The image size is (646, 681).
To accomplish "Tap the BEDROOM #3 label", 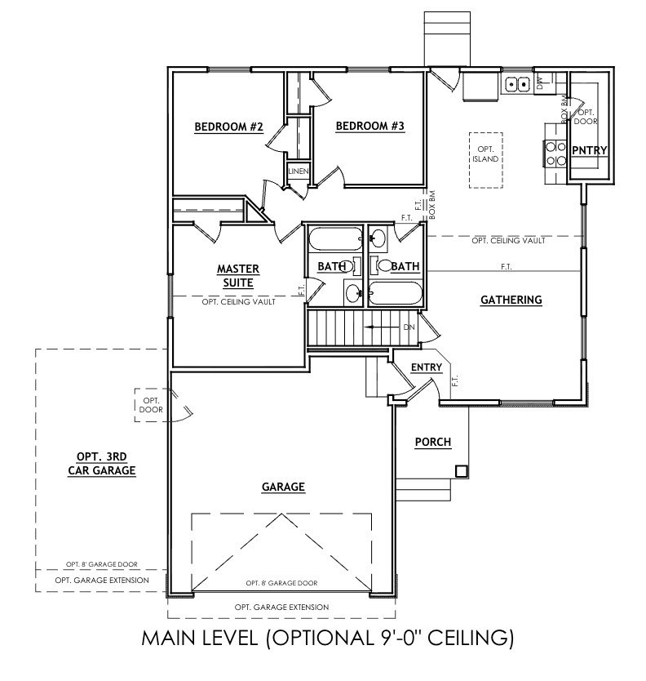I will [369, 127].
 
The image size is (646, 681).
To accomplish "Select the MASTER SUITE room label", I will [237, 275].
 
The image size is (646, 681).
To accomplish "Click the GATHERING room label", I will [511, 300].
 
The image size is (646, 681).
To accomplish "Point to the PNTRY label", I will [587, 150].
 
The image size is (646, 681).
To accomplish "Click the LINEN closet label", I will [298, 171].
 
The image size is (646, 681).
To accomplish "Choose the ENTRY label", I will [426, 367].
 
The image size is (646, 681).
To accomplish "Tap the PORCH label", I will [433, 442].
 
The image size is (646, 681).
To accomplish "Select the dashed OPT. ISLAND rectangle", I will [486, 160].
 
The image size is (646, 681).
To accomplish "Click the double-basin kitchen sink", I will [516, 82].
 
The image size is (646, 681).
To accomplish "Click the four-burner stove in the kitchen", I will [555, 154].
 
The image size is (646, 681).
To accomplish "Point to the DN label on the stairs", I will [409, 327].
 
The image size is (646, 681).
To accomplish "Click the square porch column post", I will [461, 470].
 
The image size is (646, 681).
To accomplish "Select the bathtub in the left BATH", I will [334, 240].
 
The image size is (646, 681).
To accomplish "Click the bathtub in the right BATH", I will [395, 293].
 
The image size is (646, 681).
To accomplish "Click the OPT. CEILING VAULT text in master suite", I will [237, 301].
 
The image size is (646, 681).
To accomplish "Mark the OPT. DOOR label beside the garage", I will [150, 405].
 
